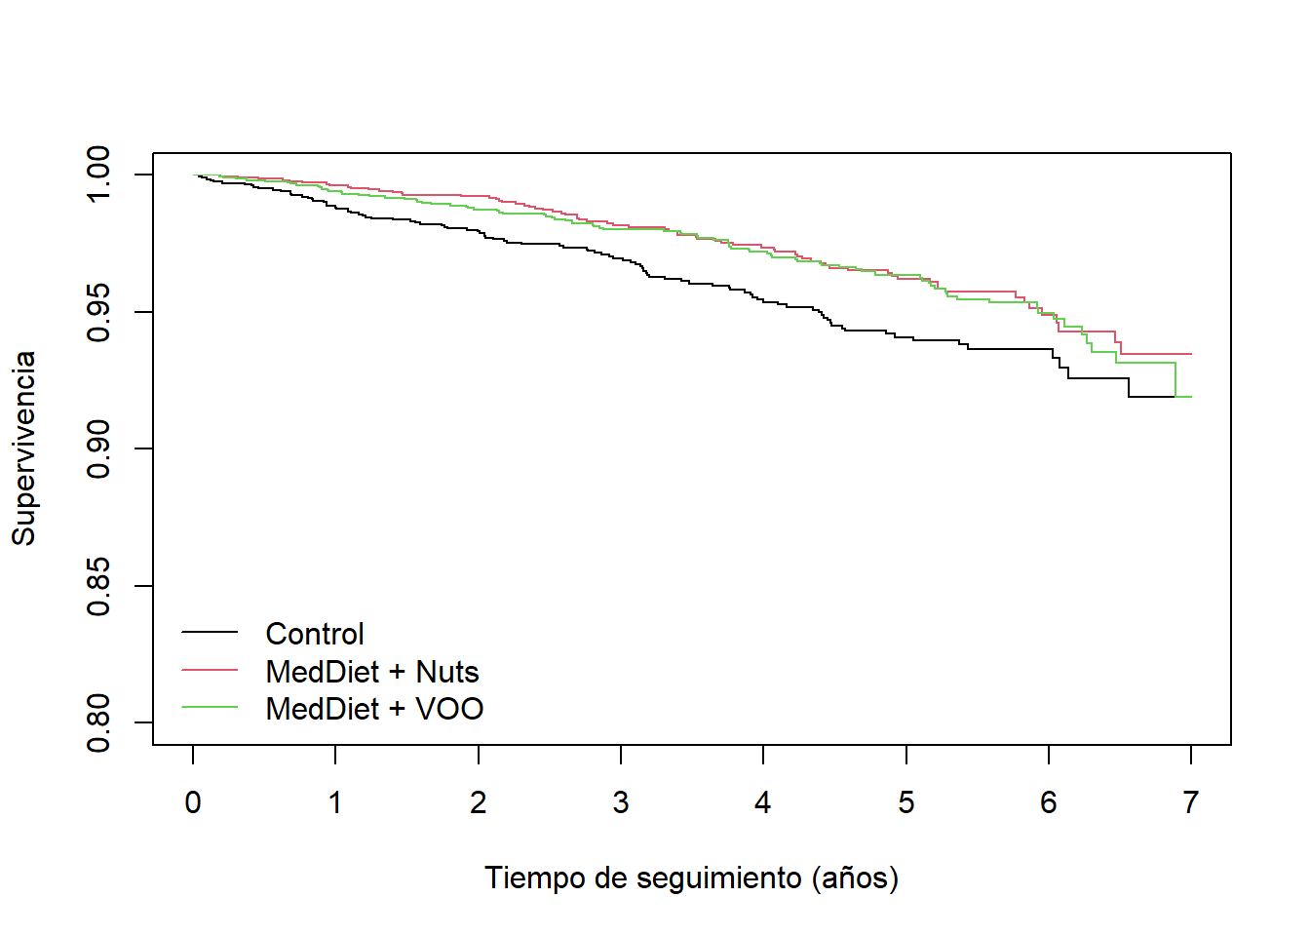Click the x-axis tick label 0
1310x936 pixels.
[193, 802]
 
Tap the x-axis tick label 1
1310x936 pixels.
[335, 802]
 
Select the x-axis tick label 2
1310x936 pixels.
[478, 802]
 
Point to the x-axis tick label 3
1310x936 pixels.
[621, 802]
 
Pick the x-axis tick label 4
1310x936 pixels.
[763, 802]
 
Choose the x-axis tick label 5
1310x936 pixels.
[906, 802]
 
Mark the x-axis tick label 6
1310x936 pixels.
[1049, 802]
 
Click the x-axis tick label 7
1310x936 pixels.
[1191, 802]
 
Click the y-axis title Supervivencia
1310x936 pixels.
[23, 448]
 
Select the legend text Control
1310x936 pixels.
[315, 634]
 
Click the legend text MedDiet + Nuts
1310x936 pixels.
[372, 672]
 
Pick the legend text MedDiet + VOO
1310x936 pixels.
[374, 709]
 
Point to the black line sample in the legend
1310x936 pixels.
[210, 633]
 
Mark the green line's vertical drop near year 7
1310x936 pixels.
[1175, 380]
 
